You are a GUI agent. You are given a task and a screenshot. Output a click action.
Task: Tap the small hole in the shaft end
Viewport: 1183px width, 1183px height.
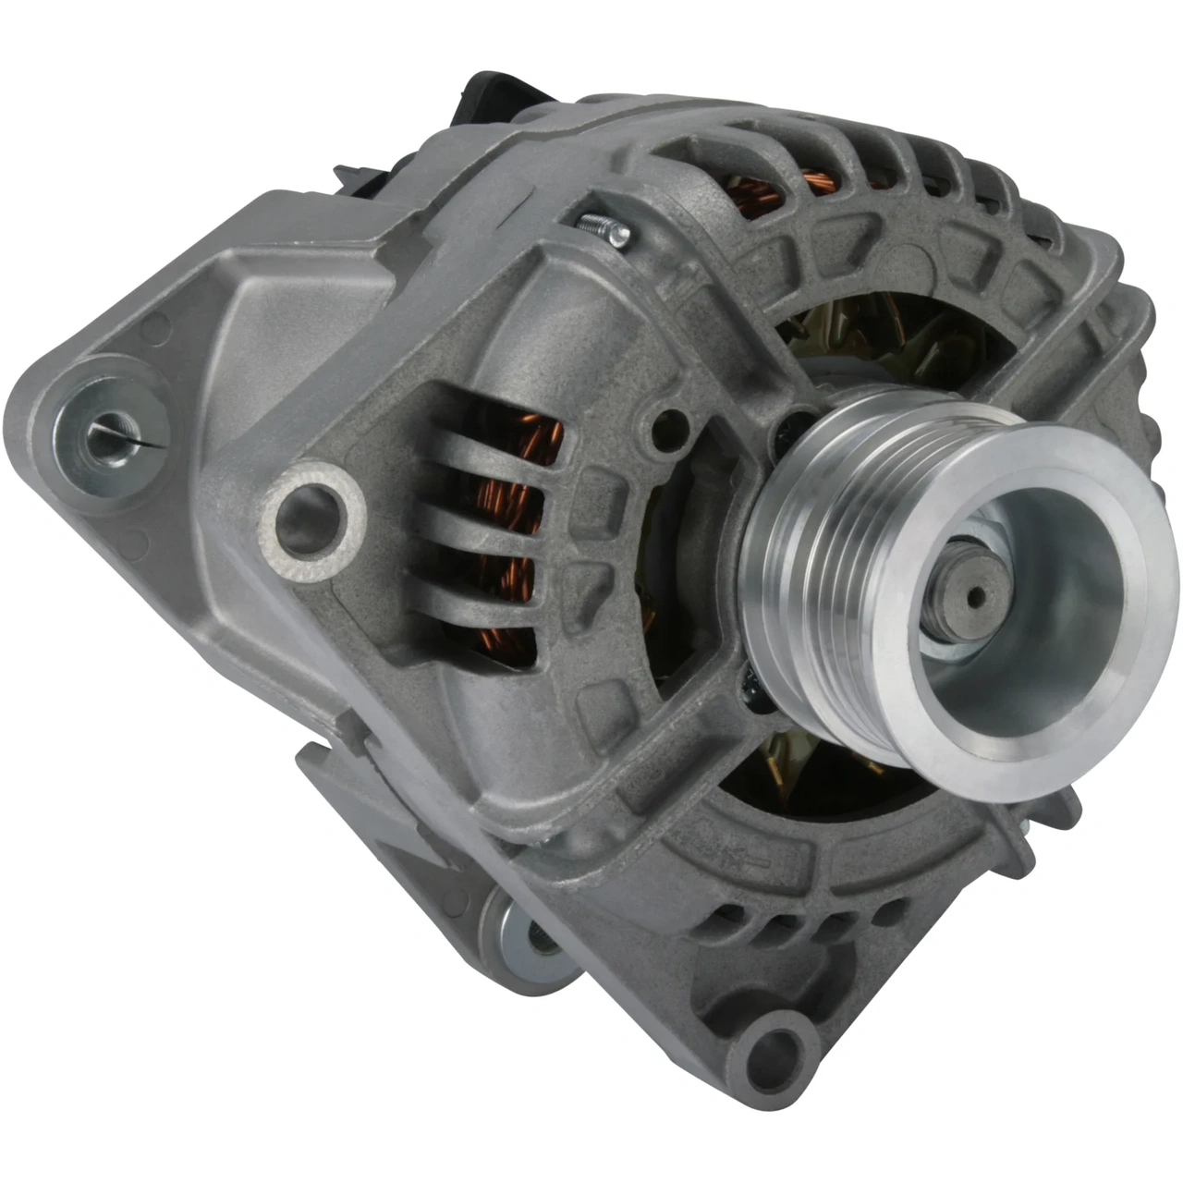pos(971,597)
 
